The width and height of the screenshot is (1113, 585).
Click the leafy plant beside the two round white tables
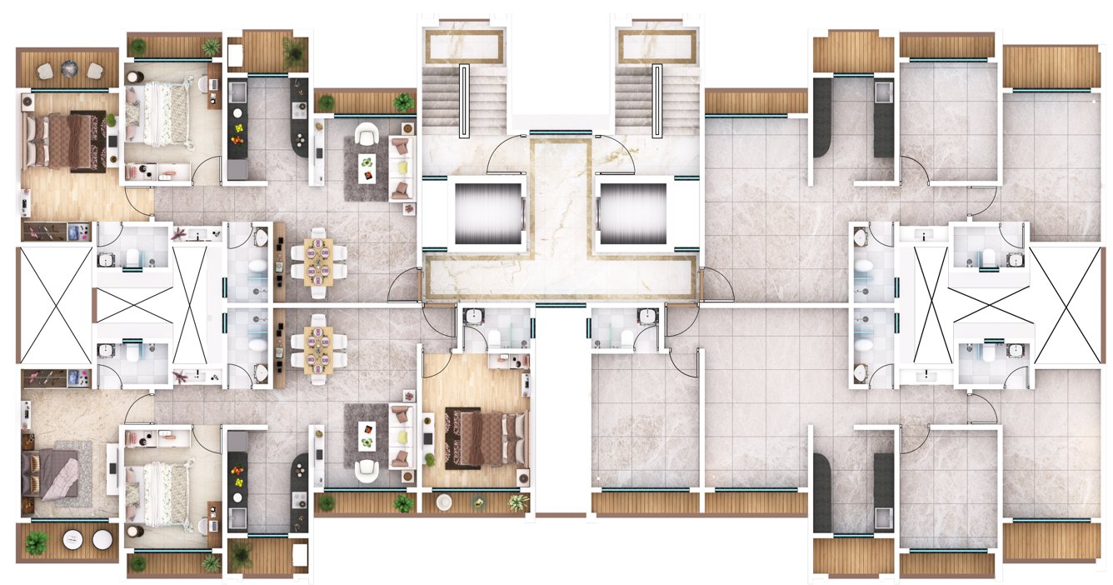tap(36, 542)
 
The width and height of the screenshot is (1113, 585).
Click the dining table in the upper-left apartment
tap(317, 257)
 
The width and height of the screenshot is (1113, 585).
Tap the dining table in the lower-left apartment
tap(317, 347)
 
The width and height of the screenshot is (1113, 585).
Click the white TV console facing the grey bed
tap(112, 468)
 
